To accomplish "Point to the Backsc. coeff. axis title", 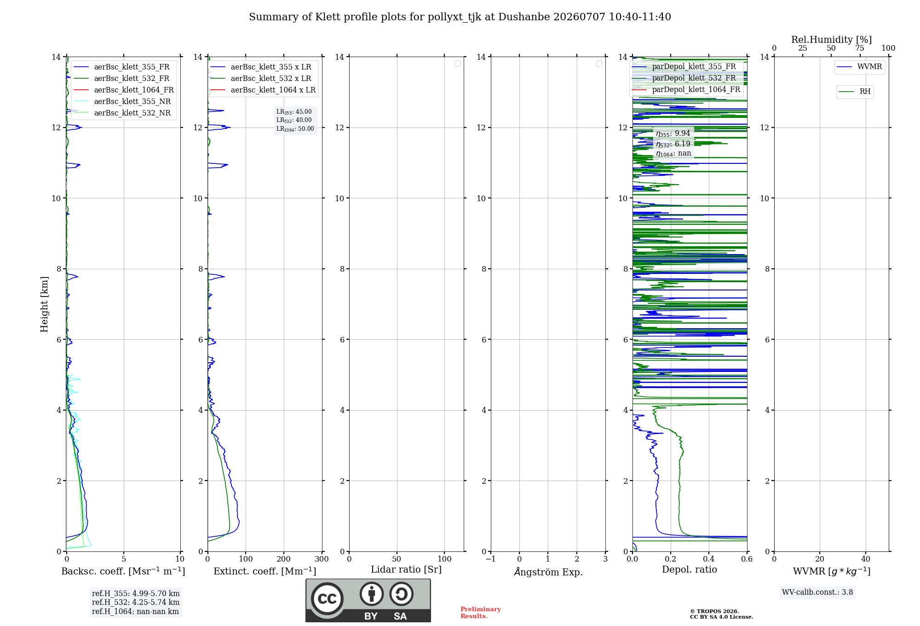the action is [x=123, y=571].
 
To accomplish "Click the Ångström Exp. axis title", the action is [x=548, y=572].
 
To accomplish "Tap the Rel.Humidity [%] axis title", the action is [x=832, y=40].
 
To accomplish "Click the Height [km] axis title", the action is [x=44, y=304].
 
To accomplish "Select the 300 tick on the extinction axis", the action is [x=322, y=559].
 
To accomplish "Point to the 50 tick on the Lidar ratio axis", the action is [x=397, y=559].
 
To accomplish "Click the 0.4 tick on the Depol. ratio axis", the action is [x=709, y=559].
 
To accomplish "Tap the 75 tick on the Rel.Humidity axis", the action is [x=859, y=48].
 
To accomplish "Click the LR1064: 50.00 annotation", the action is [x=295, y=129].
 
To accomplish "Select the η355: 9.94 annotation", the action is [x=673, y=133].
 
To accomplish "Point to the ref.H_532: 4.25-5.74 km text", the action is [x=136, y=602].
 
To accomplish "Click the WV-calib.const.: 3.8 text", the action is [x=817, y=592].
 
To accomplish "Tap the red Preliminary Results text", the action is [x=481, y=613].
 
